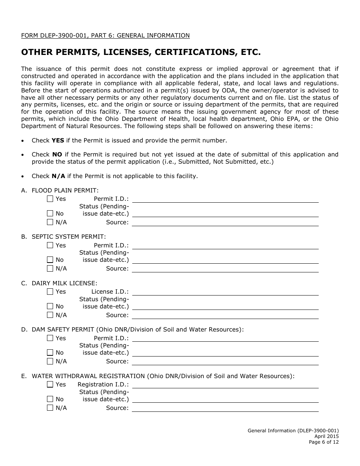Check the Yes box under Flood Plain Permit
tap(50, 199)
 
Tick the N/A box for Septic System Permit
tap(50, 269)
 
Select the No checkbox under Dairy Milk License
tap(50, 306)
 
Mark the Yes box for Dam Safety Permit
tap(50, 338)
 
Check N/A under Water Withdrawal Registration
tap(50, 408)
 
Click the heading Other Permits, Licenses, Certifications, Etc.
tap(141, 52)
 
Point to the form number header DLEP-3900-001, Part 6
tap(105, 36)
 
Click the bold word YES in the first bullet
tap(58, 141)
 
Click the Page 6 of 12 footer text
tap(323, 442)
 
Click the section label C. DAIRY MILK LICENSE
tap(59, 283)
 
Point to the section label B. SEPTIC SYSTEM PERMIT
tap(63, 237)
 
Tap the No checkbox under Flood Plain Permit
tap(50, 213)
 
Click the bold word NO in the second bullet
tap(57, 155)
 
